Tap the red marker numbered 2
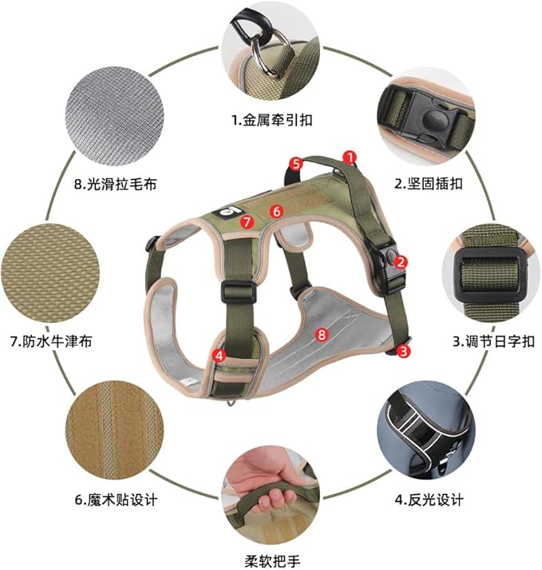coord(402,261)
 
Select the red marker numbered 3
coord(405,350)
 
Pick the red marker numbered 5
coord(295,163)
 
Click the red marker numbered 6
coord(276,212)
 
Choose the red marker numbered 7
coord(247,221)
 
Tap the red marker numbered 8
coord(322,335)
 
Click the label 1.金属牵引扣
coord(272,121)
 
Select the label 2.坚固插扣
coord(429,183)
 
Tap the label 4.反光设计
coord(429,500)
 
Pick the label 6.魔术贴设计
coord(117,500)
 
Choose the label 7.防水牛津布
coord(51,341)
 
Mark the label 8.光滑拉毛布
coord(115,184)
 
